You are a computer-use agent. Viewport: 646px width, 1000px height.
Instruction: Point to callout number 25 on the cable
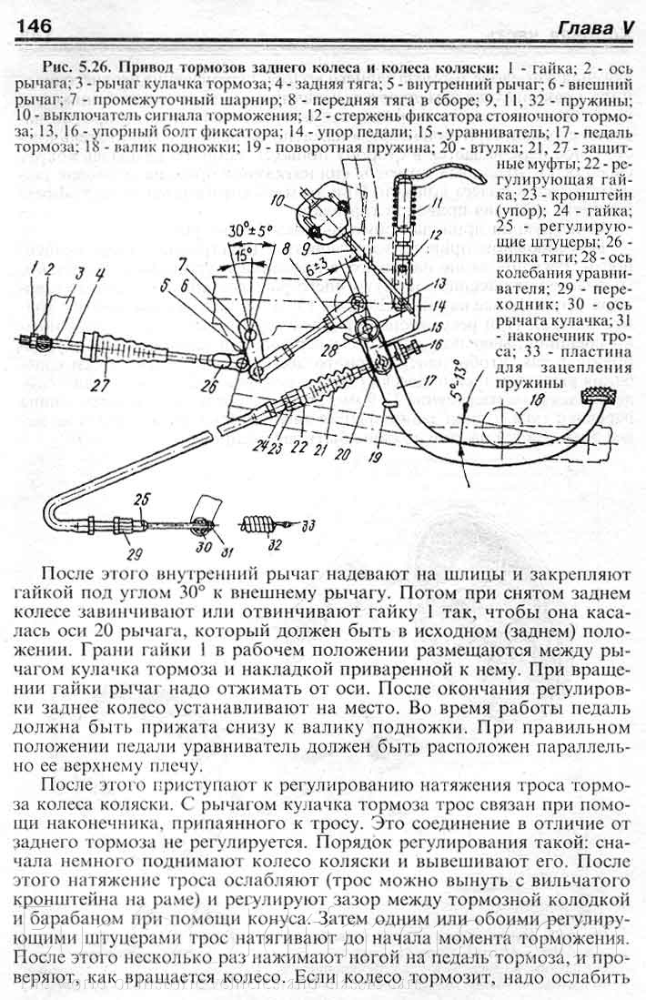tap(139, 499)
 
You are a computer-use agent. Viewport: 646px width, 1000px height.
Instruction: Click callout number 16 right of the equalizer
tap(434, 345)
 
